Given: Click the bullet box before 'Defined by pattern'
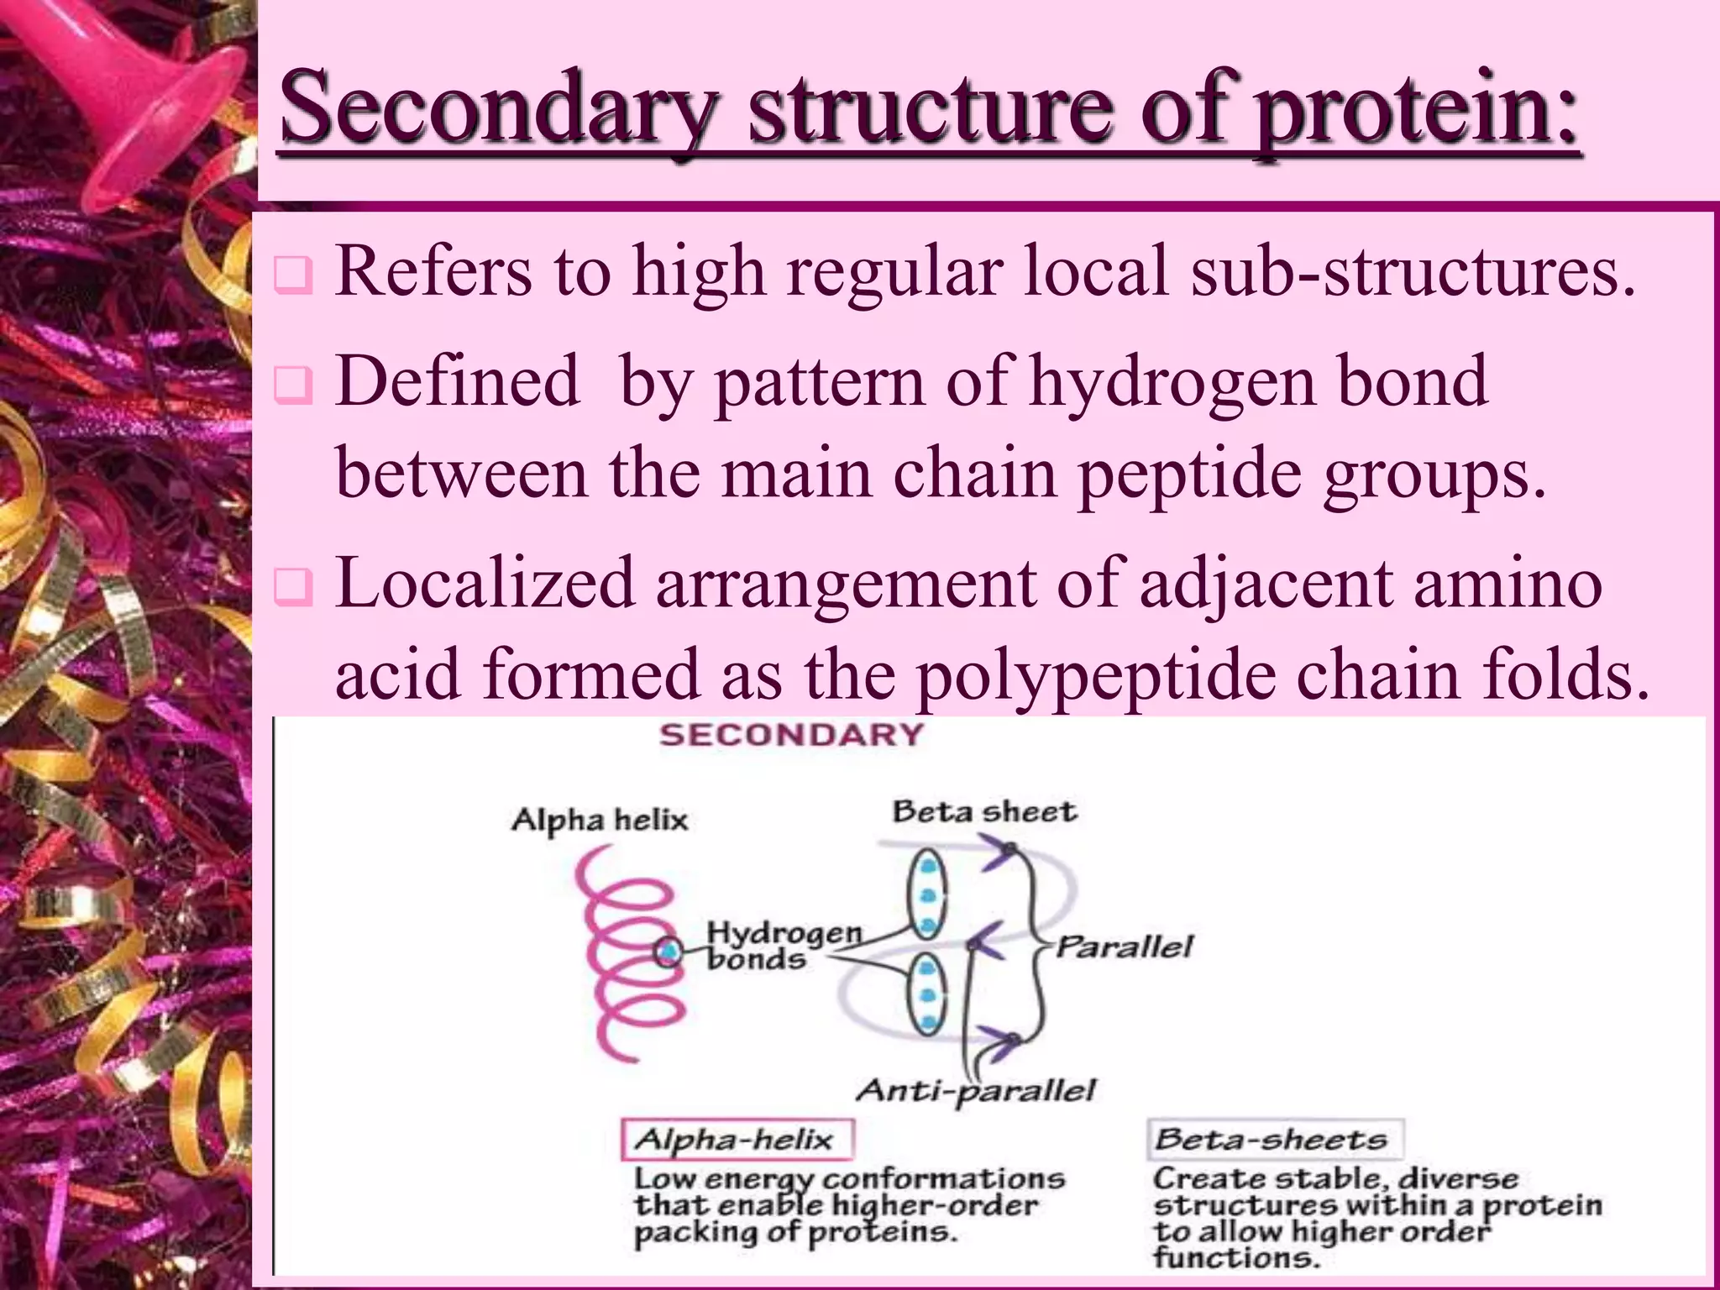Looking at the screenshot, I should (294, 385).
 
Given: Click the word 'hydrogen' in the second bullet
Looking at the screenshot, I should (1172, 382).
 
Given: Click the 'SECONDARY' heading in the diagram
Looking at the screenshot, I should (790, 736).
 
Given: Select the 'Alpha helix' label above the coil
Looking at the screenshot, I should (600, 819).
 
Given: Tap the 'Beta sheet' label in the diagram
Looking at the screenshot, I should (983, 812).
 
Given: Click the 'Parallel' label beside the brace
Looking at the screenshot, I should (1123, 947).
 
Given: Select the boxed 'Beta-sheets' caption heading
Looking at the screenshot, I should (1273, 1140).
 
